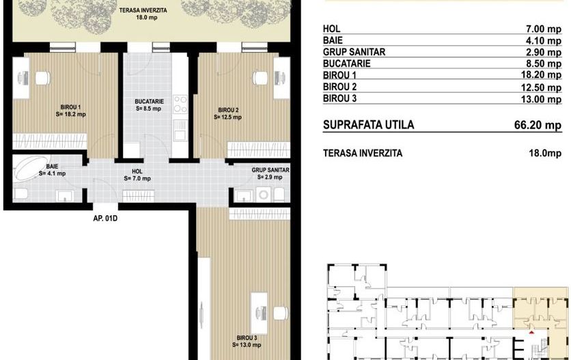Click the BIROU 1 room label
point(70,107)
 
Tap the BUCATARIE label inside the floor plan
point(149,101)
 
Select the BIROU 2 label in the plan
point(228,110)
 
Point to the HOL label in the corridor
point(137,171)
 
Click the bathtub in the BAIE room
point(30,168)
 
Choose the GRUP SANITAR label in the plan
point(270,170)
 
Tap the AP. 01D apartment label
point(105,219)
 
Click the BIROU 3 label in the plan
point(247,337)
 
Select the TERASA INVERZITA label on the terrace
point(143,10)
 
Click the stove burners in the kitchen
point(180,104)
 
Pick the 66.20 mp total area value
point(538,125)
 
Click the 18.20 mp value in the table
point(541,75)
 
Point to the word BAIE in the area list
point(333,40)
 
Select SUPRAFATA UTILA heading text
point(369,124)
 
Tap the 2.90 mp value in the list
point(544,52)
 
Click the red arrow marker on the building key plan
point(531,332)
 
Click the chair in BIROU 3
point(280,313)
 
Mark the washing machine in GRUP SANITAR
point(263,195)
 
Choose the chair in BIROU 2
point(260,77)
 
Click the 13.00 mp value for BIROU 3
point(541,99)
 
